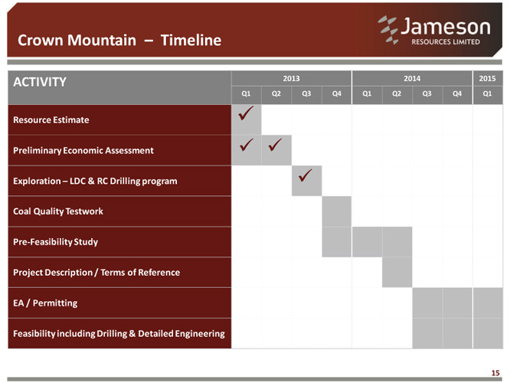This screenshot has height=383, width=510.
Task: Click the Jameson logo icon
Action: [x=388, y=30]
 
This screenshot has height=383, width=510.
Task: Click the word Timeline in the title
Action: [x=191, y=41]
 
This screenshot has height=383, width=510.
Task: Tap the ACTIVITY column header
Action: [x=40, y=82]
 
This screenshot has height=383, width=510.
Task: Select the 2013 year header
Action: [x=291, y=78]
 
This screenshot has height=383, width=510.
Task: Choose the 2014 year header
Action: [x=412, y=78]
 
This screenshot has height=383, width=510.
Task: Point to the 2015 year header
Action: [x=487, y=78]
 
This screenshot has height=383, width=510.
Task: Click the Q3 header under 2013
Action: [x=306, y=93]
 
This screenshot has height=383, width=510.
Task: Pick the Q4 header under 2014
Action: [x=457, y=93]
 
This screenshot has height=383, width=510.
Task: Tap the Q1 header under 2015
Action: [x=487, y=93]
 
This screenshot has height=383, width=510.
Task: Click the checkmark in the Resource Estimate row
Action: [x=246, y=113]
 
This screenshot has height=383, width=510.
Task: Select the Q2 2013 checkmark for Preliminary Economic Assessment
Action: [x=275, y=145]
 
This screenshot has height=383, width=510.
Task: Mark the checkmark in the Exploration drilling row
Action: [x=305, y=175]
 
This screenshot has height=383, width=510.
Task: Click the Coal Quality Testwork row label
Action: [x=58, y=211]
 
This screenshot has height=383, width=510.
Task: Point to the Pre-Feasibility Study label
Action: [x=56, y=242]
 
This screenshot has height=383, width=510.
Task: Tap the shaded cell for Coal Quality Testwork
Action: [x=337, y=211]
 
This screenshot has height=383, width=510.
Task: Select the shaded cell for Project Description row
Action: [x=397, y=272]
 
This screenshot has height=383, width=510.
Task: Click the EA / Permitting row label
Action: [x=45, y=303]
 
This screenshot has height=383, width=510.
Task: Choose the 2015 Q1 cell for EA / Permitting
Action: [x=488, y=303]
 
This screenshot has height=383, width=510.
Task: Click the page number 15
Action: [x=495, y=373]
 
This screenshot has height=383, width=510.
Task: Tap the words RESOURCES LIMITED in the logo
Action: [x=446, y=42]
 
